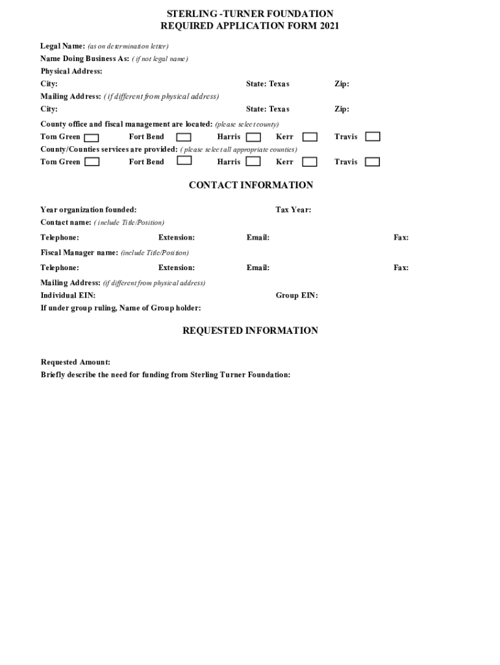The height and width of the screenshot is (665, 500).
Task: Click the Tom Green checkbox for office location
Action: [92, 137]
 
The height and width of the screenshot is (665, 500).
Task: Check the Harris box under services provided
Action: [253, 162]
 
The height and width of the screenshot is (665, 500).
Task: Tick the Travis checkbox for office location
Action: [372, 136]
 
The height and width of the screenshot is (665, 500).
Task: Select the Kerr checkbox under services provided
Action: [310, 162]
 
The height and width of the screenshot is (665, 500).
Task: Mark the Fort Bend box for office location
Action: [184, 137]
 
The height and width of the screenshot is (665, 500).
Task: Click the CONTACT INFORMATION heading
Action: [251, 185]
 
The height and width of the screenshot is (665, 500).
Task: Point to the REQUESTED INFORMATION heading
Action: [250, 331]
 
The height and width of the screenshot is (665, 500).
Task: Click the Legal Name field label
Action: [62, 46]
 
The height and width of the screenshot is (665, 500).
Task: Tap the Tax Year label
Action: [293, 210]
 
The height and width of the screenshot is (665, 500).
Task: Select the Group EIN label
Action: [297, 295]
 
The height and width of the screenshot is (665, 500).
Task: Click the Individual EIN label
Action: [68, 295]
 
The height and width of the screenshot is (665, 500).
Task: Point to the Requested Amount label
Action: [75, 362]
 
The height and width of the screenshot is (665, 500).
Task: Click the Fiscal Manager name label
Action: [79, 253]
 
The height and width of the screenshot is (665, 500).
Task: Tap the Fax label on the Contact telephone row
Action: [401, 238]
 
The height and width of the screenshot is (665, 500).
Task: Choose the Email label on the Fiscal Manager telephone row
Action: [258, 268]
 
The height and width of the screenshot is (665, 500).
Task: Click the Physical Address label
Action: [71, 71]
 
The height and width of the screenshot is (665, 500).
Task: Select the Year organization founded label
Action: [88, 210]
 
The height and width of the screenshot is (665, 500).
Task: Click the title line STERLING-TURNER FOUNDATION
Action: [250, 14]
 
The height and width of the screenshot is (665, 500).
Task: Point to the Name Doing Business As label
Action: [84, 58]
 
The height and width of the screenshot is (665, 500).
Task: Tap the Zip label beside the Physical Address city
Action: [342, 84]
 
